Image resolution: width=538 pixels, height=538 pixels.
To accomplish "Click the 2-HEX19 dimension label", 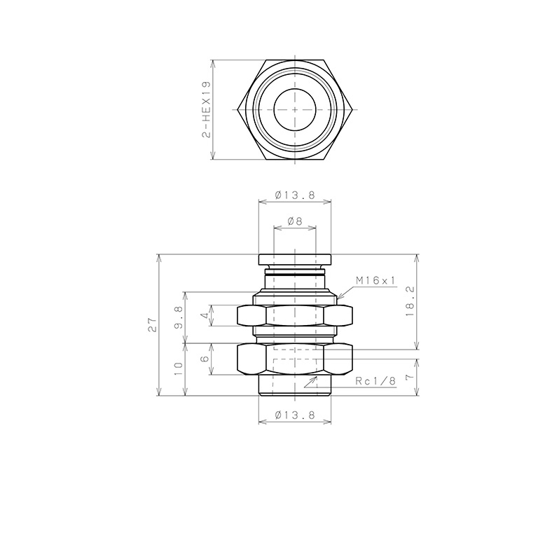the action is pyautogui.click(x=206, y=110).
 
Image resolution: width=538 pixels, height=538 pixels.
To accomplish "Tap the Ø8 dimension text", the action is pyautogui.click(x=295, y=221).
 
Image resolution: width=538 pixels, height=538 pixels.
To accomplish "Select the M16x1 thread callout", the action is pyautogui.click(x=375, y=281).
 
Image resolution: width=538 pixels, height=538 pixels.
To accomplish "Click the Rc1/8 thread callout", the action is pyautogui.click(x=375, y=381).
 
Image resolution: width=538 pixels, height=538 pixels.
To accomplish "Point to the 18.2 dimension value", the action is pyautogui.click(x=410, y=301).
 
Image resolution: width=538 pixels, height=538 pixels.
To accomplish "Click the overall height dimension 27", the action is pyautogui.click(x=152, y=325).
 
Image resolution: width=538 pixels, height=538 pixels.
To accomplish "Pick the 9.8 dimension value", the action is pyautogui.click(x=179, y=317).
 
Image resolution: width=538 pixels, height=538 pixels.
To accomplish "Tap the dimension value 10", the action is pyautogui.click(x=179, y=369).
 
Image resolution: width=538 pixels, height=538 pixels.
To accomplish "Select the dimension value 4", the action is pyautogui.click(x=205, y=315).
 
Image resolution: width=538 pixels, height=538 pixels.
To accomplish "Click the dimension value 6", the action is pyautogui.click(x=205, y=359).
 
